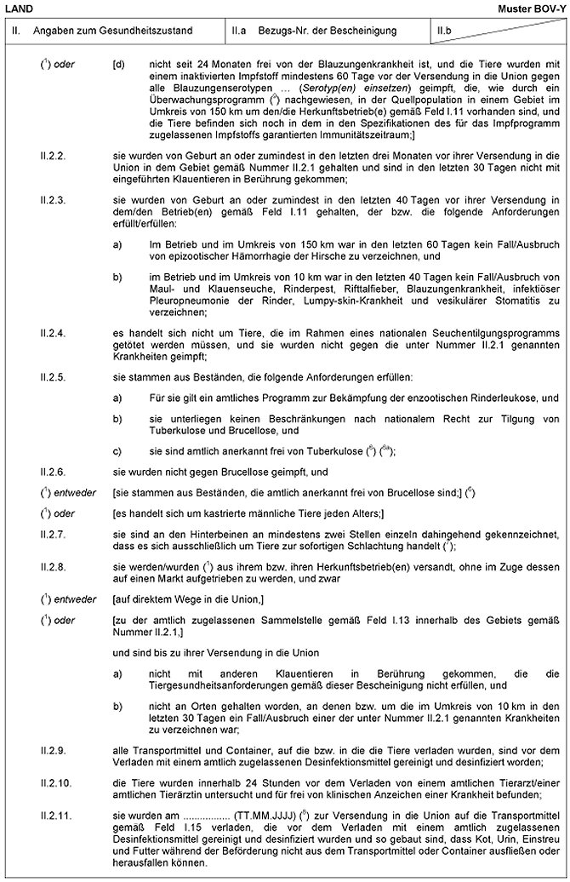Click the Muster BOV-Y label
pos(535,8)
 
